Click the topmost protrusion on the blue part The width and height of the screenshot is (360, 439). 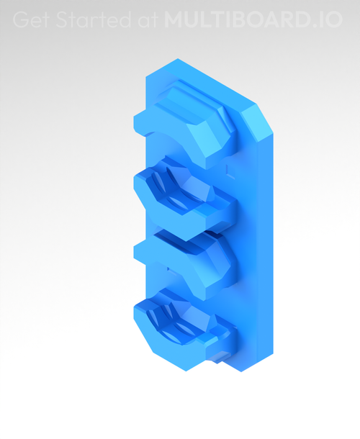coord(187,122)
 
